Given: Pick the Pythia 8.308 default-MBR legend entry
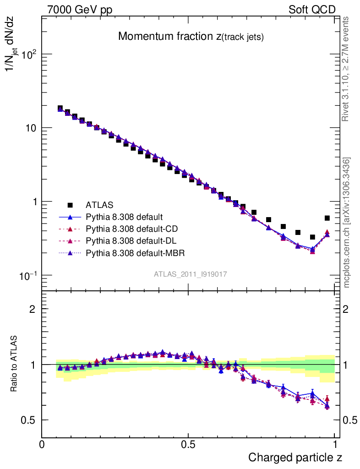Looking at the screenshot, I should click(129, 252).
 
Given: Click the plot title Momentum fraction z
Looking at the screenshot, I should click(191, 37).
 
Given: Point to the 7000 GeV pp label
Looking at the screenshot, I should click(79, 10).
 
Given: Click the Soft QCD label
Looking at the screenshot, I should click(312, 10).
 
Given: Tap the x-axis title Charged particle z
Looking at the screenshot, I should click(295, 457).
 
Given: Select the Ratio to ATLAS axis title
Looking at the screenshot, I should click(14, 365).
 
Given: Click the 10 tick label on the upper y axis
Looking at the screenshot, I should click(30, 128).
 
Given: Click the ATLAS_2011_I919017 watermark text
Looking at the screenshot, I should click(191, 274).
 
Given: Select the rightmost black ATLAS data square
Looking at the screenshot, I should click(327, 218).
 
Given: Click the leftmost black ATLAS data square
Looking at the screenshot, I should click(60, 108).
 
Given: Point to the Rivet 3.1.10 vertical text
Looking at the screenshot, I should click(346, 69).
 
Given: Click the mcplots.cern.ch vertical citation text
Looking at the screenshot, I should click(347, 222).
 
